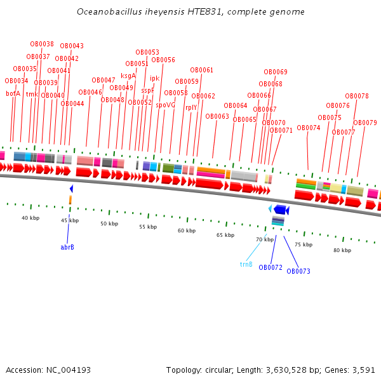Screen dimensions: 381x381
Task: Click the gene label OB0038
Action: (42, 44)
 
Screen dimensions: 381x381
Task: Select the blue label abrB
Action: (67, 246)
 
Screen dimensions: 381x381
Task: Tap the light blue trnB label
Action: (246, 264)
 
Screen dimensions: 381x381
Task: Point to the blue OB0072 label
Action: (271, 267)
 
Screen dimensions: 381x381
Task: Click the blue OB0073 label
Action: (298, 271)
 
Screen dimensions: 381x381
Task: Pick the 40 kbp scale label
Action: (30, 218)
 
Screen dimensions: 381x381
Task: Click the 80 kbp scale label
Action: (342, 250)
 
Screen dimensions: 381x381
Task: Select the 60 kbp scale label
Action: (186, 231)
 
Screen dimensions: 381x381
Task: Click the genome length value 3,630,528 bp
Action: (298, 370)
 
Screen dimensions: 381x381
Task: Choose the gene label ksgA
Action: (128, 76)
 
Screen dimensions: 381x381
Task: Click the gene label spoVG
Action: (166, 105)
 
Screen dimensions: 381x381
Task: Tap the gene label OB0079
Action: (365, 123)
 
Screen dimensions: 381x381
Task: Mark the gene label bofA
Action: (13, 93)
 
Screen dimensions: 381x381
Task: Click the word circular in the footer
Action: (220, 370)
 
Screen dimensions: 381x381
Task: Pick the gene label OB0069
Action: (276, 72)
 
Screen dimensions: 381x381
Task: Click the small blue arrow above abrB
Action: (71, 189)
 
